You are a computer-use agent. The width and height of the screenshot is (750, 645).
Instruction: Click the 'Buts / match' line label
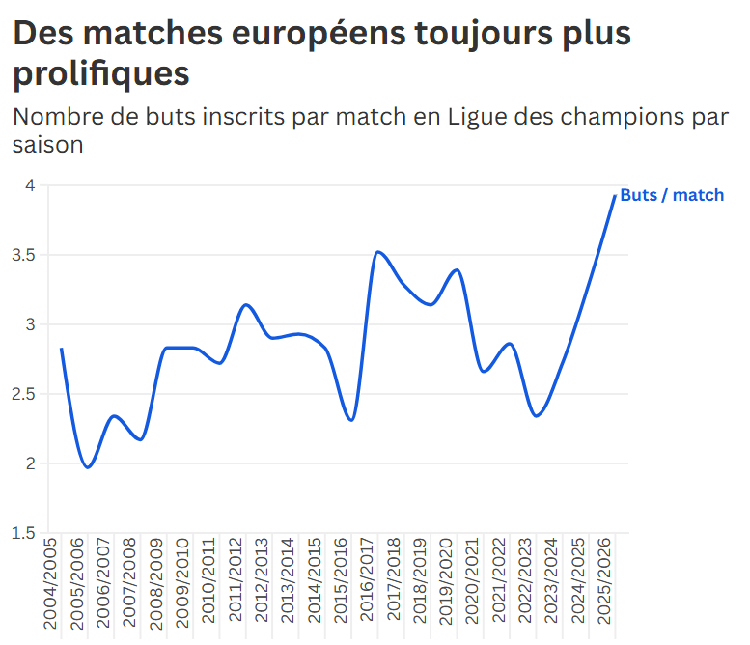(x=671, y=195)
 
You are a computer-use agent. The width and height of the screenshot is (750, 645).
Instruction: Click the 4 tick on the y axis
(x=30, y=185)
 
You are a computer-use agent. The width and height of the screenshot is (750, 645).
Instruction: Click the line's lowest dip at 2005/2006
(x=88, y=467)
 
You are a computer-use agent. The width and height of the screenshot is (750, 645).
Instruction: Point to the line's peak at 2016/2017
(x=378, y=252)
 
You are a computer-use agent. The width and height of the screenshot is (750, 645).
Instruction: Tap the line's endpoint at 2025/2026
(x=615, y=196)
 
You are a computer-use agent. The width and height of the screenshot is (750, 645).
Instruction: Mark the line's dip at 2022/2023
(x=537, y=416)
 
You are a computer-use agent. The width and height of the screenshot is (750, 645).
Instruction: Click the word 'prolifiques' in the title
(x=101, y=72)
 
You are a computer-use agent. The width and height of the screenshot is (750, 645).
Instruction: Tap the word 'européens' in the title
(x=306, y=34)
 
